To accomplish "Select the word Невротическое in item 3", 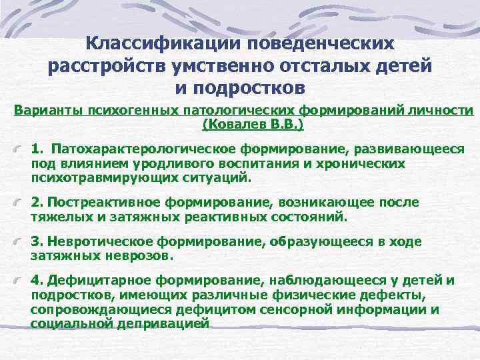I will pos(115,241).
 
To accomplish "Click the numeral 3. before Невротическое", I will pos(37,241).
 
